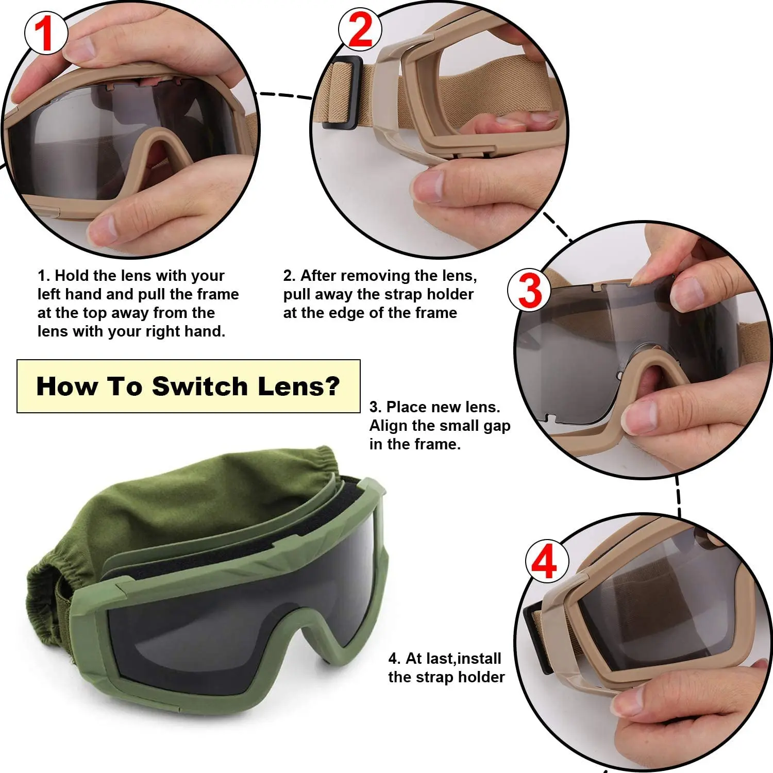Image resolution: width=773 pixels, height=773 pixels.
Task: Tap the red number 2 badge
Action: [x=360, y=29]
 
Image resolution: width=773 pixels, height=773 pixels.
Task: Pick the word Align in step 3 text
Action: [x=388, y=426]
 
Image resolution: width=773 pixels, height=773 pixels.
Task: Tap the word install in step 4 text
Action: [x=479, y=659]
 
